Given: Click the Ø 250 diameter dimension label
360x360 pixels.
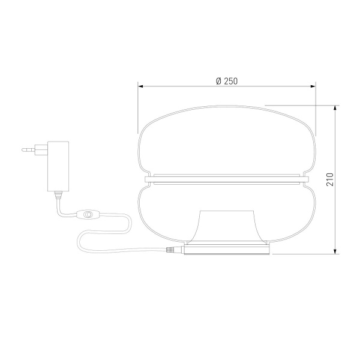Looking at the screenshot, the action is pos(227,81).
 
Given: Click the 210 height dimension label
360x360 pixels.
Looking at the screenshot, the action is pos(330,179).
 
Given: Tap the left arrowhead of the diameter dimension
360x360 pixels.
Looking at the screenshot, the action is pos(140,86).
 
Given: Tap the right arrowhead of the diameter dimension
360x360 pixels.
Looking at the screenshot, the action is pos(313,86).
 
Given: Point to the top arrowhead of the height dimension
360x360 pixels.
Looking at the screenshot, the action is pos(335,109).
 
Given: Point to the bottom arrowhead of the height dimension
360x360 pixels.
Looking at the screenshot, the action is pos(335,251).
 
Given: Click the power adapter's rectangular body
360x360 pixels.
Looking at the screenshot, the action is pos(58,166).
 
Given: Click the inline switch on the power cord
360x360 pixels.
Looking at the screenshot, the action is pos(87,214).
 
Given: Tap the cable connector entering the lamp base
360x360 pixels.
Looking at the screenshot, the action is pos(175,250).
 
